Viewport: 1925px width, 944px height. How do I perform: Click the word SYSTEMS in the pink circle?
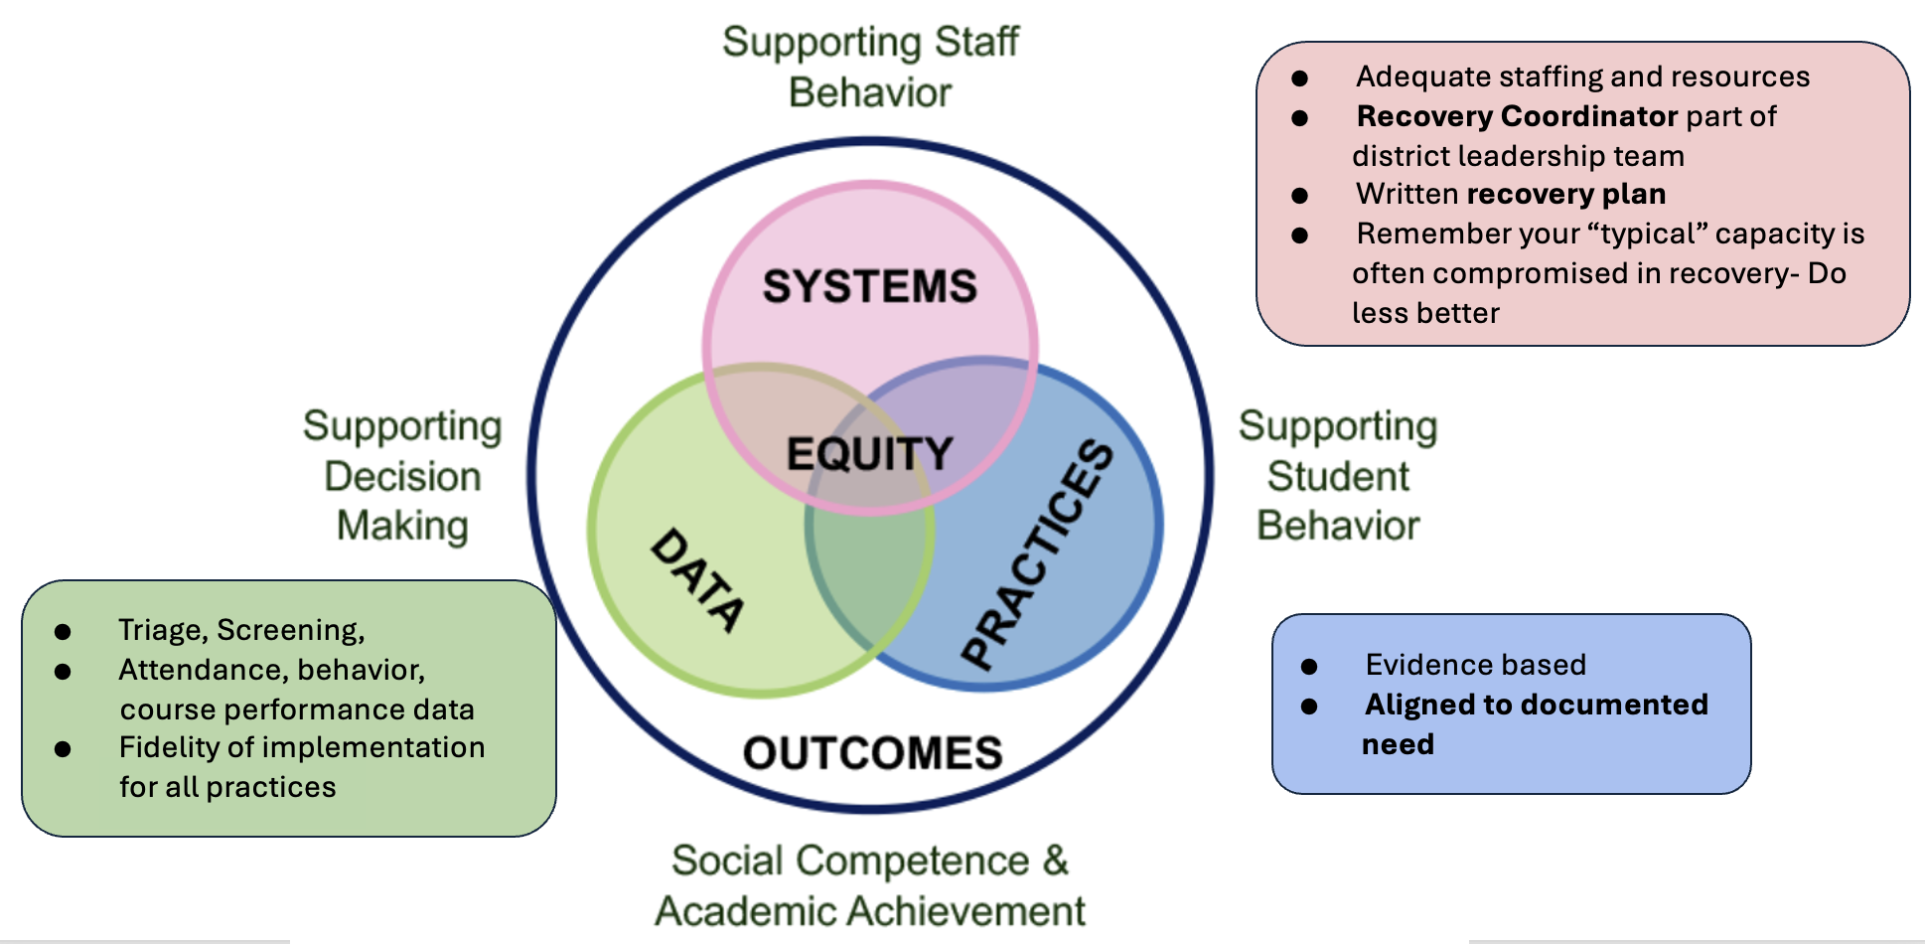click(869, 287)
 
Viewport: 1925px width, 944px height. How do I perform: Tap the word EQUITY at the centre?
click(869, 454)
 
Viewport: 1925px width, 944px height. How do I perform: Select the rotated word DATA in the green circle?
click(697, 580)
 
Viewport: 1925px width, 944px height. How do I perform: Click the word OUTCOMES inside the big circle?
click(872, 753)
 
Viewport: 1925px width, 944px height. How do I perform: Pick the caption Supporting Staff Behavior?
click(870, 67)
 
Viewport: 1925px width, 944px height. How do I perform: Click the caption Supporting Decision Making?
click(402, 476)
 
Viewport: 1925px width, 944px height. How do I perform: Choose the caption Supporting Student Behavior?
click(1337, 476)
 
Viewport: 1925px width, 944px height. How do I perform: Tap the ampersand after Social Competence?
click(1055, 861)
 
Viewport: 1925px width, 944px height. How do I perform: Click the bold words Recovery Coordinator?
click(1517, 116)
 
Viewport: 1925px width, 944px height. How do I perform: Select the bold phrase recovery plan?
click(1565, 194)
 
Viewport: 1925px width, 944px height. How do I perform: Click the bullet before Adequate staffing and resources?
click(1299, 79)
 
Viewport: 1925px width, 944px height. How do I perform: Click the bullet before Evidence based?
click(1309, 667)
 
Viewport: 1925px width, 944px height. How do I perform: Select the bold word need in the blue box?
click(1398, 744)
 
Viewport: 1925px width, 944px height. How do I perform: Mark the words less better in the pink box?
click(1425, 313)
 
